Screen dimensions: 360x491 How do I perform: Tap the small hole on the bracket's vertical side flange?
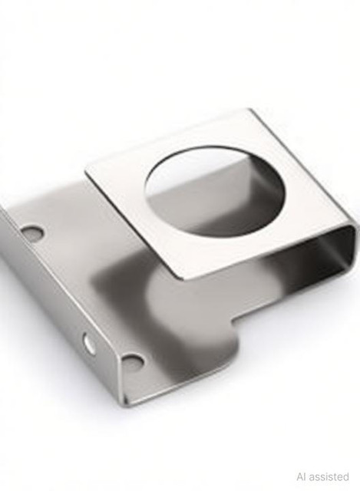(89, 343)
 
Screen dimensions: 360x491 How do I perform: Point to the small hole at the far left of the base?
(32, 232)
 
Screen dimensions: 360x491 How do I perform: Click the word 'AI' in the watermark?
(302, 477)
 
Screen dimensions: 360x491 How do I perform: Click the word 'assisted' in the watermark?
(329, 477)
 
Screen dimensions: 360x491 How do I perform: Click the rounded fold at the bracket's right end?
(353, 247)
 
